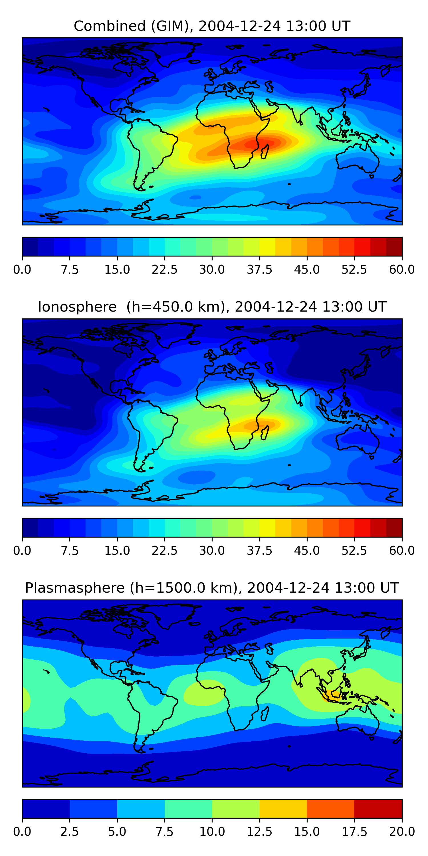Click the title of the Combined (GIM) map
click(x=212, y=26)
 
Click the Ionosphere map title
click(x=212, y=307)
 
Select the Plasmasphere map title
click(x=212, y=588)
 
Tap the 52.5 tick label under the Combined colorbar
click(x=354, y=269)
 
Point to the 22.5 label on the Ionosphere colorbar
click(x=164, y=551)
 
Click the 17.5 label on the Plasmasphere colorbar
click(x=354, y=832)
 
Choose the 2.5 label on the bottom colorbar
click(x=69, y=832)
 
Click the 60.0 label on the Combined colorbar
click(x=402, y=269)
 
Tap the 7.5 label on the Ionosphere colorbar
click(x=69, y=551)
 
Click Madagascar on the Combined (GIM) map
click(x=265, y=151)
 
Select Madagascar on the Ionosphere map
click(x=265, y=432)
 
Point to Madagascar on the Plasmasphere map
click(x=265, y=713)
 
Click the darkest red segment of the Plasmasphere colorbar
click(x=378, y=808)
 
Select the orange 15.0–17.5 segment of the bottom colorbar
click(x=330, y=808)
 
